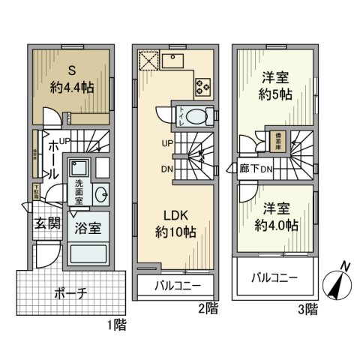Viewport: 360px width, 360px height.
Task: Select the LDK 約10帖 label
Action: pyautogui.click(x=175, y=224)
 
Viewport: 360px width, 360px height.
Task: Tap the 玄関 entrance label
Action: pyautogui.click(x=46, y=223)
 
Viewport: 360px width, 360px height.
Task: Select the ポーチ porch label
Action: pyautogui.click(x=72, y=292)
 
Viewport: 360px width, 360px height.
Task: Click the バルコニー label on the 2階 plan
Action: pyautogui.click(x=174, y=286)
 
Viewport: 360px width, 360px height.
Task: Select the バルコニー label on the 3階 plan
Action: pyautogui.click(x=273, y=277)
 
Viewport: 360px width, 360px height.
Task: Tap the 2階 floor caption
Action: pyautogui.click(x=209, y=307)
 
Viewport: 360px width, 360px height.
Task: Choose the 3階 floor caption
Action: pyautogui.click(x=307, y=307)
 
